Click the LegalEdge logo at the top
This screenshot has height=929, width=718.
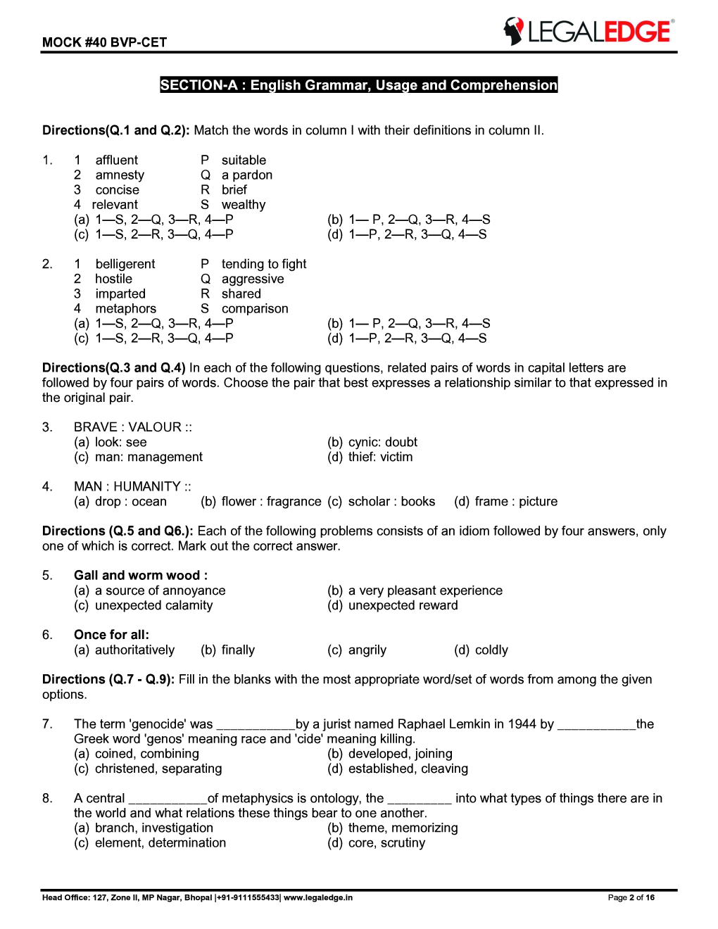[588, 32]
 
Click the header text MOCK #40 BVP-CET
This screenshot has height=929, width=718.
[104, 42]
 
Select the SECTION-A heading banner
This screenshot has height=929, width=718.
[358, 85]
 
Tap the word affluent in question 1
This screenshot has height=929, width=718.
[117, 160]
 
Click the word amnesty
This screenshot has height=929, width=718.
[120, 175]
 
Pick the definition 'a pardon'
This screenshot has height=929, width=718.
[246, 175]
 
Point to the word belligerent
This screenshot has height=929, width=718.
[125, 264]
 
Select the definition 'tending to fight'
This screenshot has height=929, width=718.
[264, 264]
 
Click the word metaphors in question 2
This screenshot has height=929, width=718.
[126, 309]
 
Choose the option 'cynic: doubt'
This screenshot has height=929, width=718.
[382, 442]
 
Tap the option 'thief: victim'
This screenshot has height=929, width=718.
[380, 457]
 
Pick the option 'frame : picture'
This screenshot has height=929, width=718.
[516, 502]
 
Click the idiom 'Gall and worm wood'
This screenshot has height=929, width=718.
[140, 576]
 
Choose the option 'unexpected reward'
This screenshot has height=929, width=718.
[403, 605]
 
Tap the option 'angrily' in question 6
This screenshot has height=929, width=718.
[367, 650]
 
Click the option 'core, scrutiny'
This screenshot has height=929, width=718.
[386, 843]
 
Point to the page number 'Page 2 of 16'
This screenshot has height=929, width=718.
[631, 897]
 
